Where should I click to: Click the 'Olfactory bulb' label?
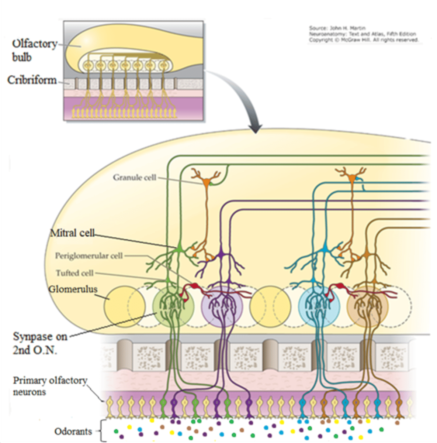pos(34,50)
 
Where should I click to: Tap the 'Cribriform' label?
pos(32,80)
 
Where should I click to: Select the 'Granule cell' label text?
pos(135,178)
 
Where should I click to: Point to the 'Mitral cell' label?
pos(72,233)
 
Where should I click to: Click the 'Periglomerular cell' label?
pos(89,256)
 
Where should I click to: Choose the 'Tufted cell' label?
pos(74,273)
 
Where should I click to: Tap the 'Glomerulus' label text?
pos(73,289)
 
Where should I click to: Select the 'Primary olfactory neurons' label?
pos(50,386)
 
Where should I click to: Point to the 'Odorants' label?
pos(73,431)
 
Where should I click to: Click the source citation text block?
pos(364,34)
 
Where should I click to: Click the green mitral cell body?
pos(179,249)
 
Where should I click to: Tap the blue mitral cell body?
pos(325,250)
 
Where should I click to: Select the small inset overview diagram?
pos(133,71)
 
